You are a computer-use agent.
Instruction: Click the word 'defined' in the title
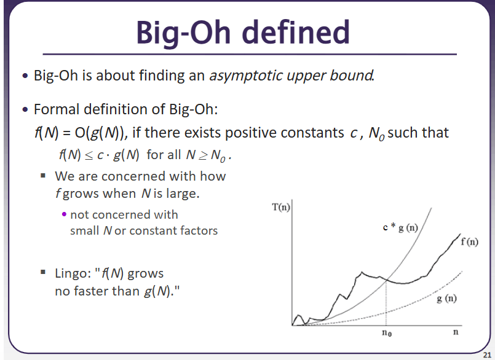(x=296, y=32)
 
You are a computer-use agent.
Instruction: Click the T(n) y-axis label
(x=281, y=207)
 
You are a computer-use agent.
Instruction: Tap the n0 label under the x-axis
(x=387, y=332)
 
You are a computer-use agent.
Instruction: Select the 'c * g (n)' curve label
(x=400, y=227)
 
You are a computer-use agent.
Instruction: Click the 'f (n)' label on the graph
(x=469, y=241)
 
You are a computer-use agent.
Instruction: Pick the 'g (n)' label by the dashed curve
(x=446, y=299)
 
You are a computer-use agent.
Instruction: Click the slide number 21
(x=487, y=355)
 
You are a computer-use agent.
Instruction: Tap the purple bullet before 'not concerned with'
(x=65, y=214)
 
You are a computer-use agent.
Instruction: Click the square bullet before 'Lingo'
(x=43, y=272)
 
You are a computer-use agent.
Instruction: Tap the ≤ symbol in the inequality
(x=89, y=155)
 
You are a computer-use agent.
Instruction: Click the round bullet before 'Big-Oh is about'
(x=25, y=76)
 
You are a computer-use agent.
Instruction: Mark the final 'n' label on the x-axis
(x=456, y=332)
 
